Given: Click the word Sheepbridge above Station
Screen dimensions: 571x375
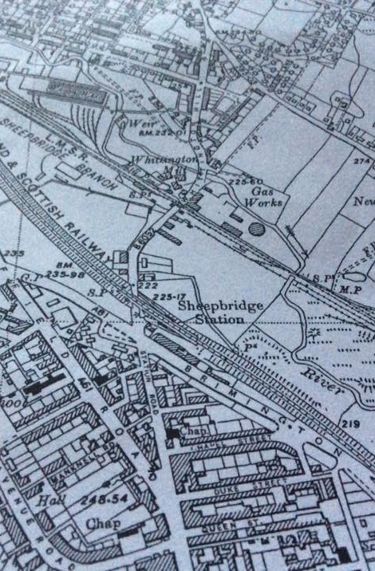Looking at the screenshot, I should click(210, 305).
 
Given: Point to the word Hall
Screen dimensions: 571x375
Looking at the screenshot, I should click(49, 502).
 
